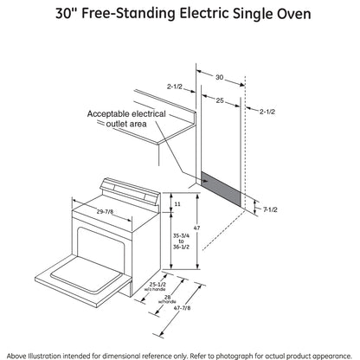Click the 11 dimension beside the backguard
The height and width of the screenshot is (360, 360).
tap(177, 203)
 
